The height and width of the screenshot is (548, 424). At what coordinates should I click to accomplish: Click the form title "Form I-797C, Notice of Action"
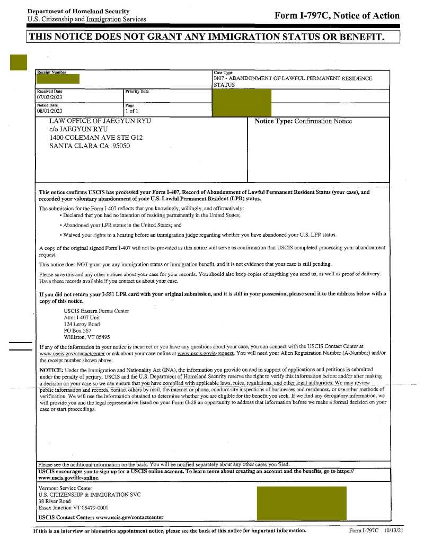point(337,15)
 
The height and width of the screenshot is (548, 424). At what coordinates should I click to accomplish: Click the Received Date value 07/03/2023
point(49,97)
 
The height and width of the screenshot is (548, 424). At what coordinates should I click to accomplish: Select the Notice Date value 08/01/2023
point(49,111)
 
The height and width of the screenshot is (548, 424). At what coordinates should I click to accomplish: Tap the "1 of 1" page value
point(131,111)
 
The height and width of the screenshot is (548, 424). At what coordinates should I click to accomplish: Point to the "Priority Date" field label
point(137,92)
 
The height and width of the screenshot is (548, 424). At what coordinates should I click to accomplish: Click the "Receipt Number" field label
point(51,72)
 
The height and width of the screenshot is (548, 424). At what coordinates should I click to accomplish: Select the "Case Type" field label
point(223,73)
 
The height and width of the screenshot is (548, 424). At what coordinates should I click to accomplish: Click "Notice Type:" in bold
point(273,121)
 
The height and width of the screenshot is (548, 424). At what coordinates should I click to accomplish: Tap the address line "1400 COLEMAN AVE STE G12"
point(96,137)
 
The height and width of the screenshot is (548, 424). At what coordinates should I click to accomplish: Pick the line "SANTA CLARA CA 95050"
point(90,146)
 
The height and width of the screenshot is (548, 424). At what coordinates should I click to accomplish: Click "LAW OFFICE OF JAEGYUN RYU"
point(100,121)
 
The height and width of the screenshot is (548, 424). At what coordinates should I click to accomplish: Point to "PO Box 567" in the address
point(77,330)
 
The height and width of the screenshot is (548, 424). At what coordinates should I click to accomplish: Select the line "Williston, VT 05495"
point(87,337)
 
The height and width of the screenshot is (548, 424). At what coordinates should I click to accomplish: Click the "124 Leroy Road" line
point(82,324)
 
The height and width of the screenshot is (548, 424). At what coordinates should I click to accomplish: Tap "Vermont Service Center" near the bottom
point(65,488)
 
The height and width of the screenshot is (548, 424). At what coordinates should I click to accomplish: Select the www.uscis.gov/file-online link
point(69,477)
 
